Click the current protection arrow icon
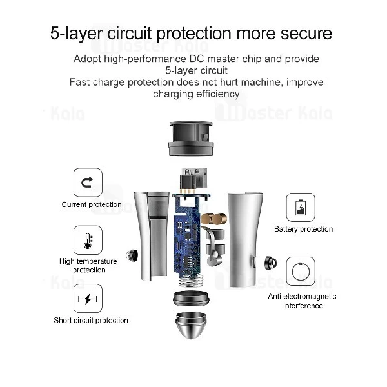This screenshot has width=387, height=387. (88, 183)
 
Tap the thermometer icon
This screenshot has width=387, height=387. (88, 240)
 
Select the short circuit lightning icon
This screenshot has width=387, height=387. (88, 299)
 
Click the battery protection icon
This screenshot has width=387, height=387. (301, 207)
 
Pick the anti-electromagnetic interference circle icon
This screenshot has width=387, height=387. (301, 272)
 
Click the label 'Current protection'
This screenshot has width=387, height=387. (92, 204)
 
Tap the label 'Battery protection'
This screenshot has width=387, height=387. (303, 229)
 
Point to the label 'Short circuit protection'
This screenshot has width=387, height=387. (91, 321)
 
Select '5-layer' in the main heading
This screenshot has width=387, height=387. (76, 34)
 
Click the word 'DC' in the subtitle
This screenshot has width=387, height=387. (197, 59)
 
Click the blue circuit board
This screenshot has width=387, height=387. (188, 235)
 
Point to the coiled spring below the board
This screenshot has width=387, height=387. (191, 280)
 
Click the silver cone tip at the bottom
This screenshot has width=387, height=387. (190, 325)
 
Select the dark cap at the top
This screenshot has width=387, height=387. (191, 139)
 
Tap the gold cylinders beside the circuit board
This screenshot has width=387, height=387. (214, 219)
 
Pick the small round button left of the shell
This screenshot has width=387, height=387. (132, 255)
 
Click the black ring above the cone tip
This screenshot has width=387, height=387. (191, 298)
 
